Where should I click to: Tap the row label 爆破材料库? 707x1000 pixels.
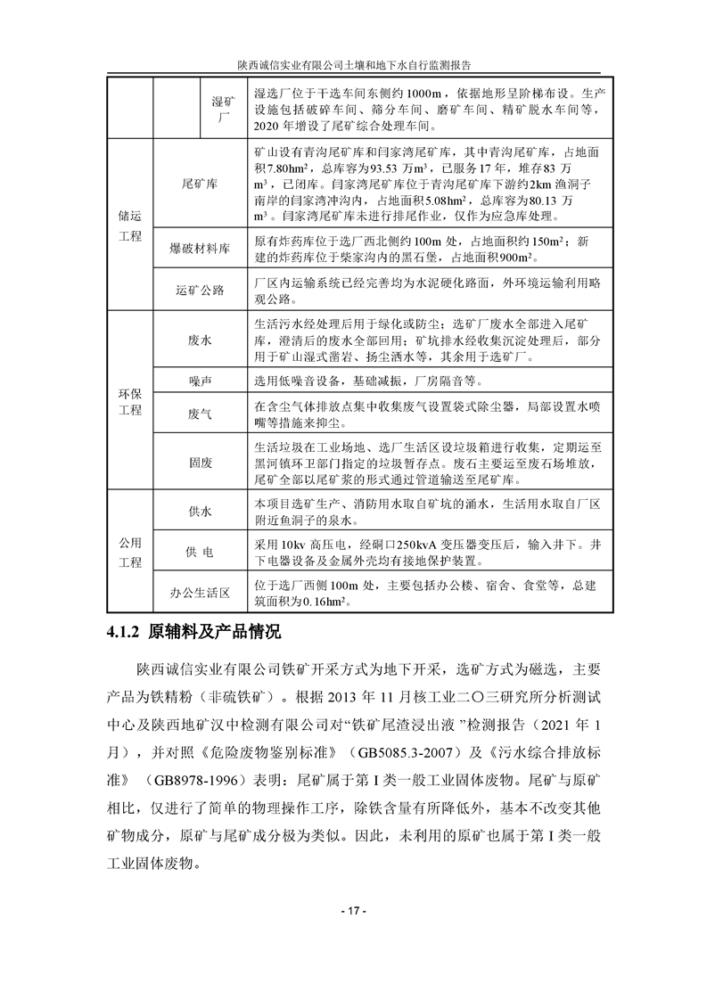coord(199,250)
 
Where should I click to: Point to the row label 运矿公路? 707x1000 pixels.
coord(199,291)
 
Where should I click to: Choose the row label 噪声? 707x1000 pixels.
coord(199,381)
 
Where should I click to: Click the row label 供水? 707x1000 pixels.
coord(199,512)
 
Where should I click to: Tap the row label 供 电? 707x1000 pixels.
coord(199,553)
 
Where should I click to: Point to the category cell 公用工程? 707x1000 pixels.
coord(130,553)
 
